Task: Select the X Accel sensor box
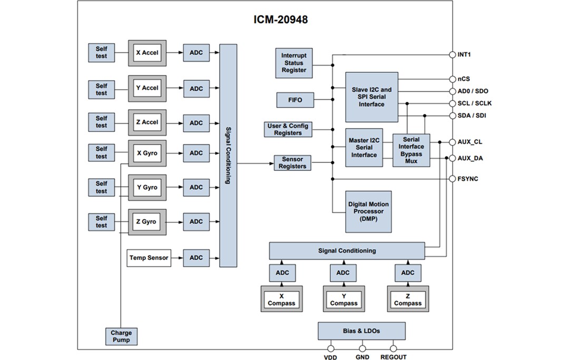point(147,53)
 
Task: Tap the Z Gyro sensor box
point(147,222)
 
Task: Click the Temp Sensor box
point(149,258)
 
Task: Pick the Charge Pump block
point(121,336)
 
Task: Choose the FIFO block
point(295,99)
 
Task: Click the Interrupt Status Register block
point(293,63)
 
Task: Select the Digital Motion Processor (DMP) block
point(368,211)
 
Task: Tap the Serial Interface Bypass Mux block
point(411,150)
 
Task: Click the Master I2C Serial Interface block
point(364,148)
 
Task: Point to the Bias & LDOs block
point(361,331)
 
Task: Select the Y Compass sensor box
point(344,299)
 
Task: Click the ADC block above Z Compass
point(408,273)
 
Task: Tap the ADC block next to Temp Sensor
point(196,258)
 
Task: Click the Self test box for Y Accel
point(101,89)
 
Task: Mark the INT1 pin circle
point(452,54)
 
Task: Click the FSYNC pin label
point(468,179)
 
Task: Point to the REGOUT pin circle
point(393,348)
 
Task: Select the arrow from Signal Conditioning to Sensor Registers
point(255,163)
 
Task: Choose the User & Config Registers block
point(288,129)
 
